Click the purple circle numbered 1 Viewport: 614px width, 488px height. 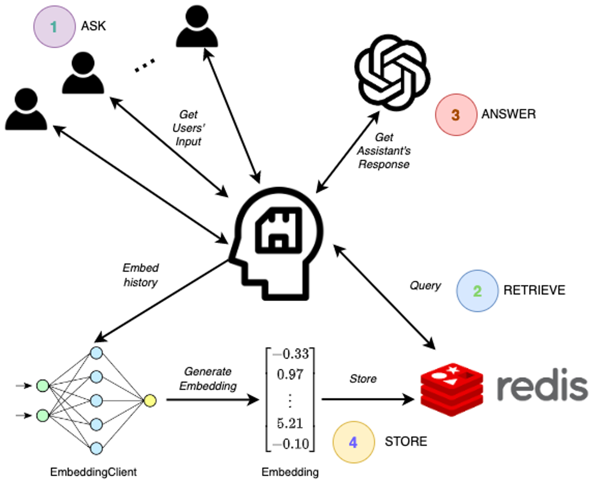(x=54, y=27)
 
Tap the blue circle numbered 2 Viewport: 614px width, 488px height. (x=477, y=291)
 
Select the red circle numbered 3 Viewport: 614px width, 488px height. (x=455, y=115)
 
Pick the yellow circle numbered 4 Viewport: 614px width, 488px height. (x=353, y=441)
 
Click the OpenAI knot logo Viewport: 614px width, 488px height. (x=390, y=74)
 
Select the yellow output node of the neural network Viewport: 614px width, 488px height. (x=150, y=400)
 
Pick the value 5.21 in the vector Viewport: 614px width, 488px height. (x=289, y=423)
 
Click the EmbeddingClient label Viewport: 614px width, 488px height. (x=93, y=472)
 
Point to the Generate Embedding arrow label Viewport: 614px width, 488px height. (x=207, y=378)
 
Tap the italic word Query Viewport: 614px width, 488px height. (x=425, y=285)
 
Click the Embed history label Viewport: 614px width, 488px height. (x=140, y=275)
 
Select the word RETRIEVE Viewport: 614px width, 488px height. (x=534, y=290)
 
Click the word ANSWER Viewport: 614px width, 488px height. (x=508, y=114)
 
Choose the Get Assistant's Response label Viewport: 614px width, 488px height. (x=384, y=151)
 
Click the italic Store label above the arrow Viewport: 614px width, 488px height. (x=363, y=378)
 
